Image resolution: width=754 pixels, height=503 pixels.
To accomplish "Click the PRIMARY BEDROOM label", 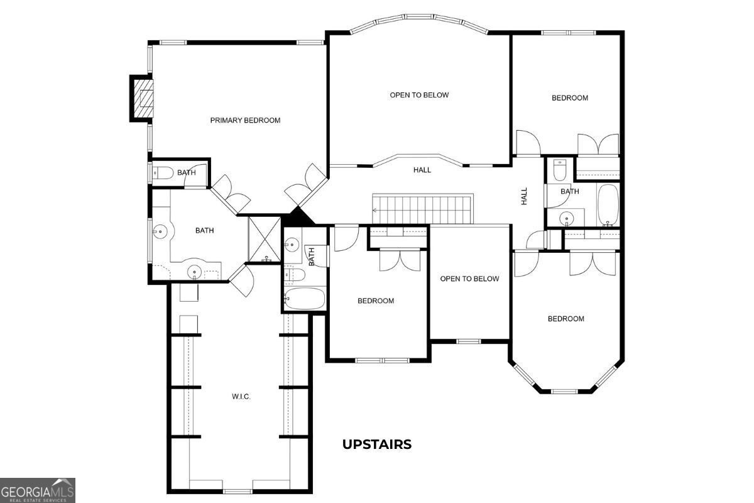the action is [x=245, y=120].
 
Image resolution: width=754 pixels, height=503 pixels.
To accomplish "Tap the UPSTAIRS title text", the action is [x=376, y=445].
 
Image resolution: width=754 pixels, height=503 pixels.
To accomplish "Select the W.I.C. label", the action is [x=241, y=397].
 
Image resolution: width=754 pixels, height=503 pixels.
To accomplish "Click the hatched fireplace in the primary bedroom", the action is [x=143, y=98].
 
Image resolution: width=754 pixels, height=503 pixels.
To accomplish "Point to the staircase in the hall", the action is [x=422, y=209].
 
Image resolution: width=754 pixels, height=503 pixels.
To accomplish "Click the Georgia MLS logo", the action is [x=37, y=490].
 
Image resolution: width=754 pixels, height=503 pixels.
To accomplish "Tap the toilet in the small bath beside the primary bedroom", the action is [x=163, y=173].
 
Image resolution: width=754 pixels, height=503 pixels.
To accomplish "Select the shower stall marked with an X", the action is [x=265, y=239].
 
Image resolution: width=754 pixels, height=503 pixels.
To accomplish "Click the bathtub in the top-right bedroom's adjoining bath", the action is [x=608, y=205].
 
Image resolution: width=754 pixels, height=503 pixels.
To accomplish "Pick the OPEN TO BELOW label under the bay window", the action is [x=419, y=95].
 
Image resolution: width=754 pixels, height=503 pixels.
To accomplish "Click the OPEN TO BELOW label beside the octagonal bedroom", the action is [x=469, y=279].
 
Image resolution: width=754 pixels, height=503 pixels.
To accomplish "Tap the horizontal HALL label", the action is [x=422, y=170].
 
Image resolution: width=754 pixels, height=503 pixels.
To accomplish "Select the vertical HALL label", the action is [x=524, y=196].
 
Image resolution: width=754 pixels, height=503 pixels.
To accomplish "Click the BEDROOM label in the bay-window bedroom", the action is [x=566, y=319].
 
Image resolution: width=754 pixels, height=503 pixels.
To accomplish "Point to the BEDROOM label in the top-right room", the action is [x=569, y=98].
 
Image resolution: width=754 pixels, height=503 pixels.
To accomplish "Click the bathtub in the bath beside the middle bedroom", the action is [x=305, y=298].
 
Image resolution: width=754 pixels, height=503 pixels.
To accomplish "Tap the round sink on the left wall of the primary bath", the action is [x=161, y=231].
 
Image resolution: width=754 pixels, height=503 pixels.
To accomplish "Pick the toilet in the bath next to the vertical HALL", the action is [x=560, y=170].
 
